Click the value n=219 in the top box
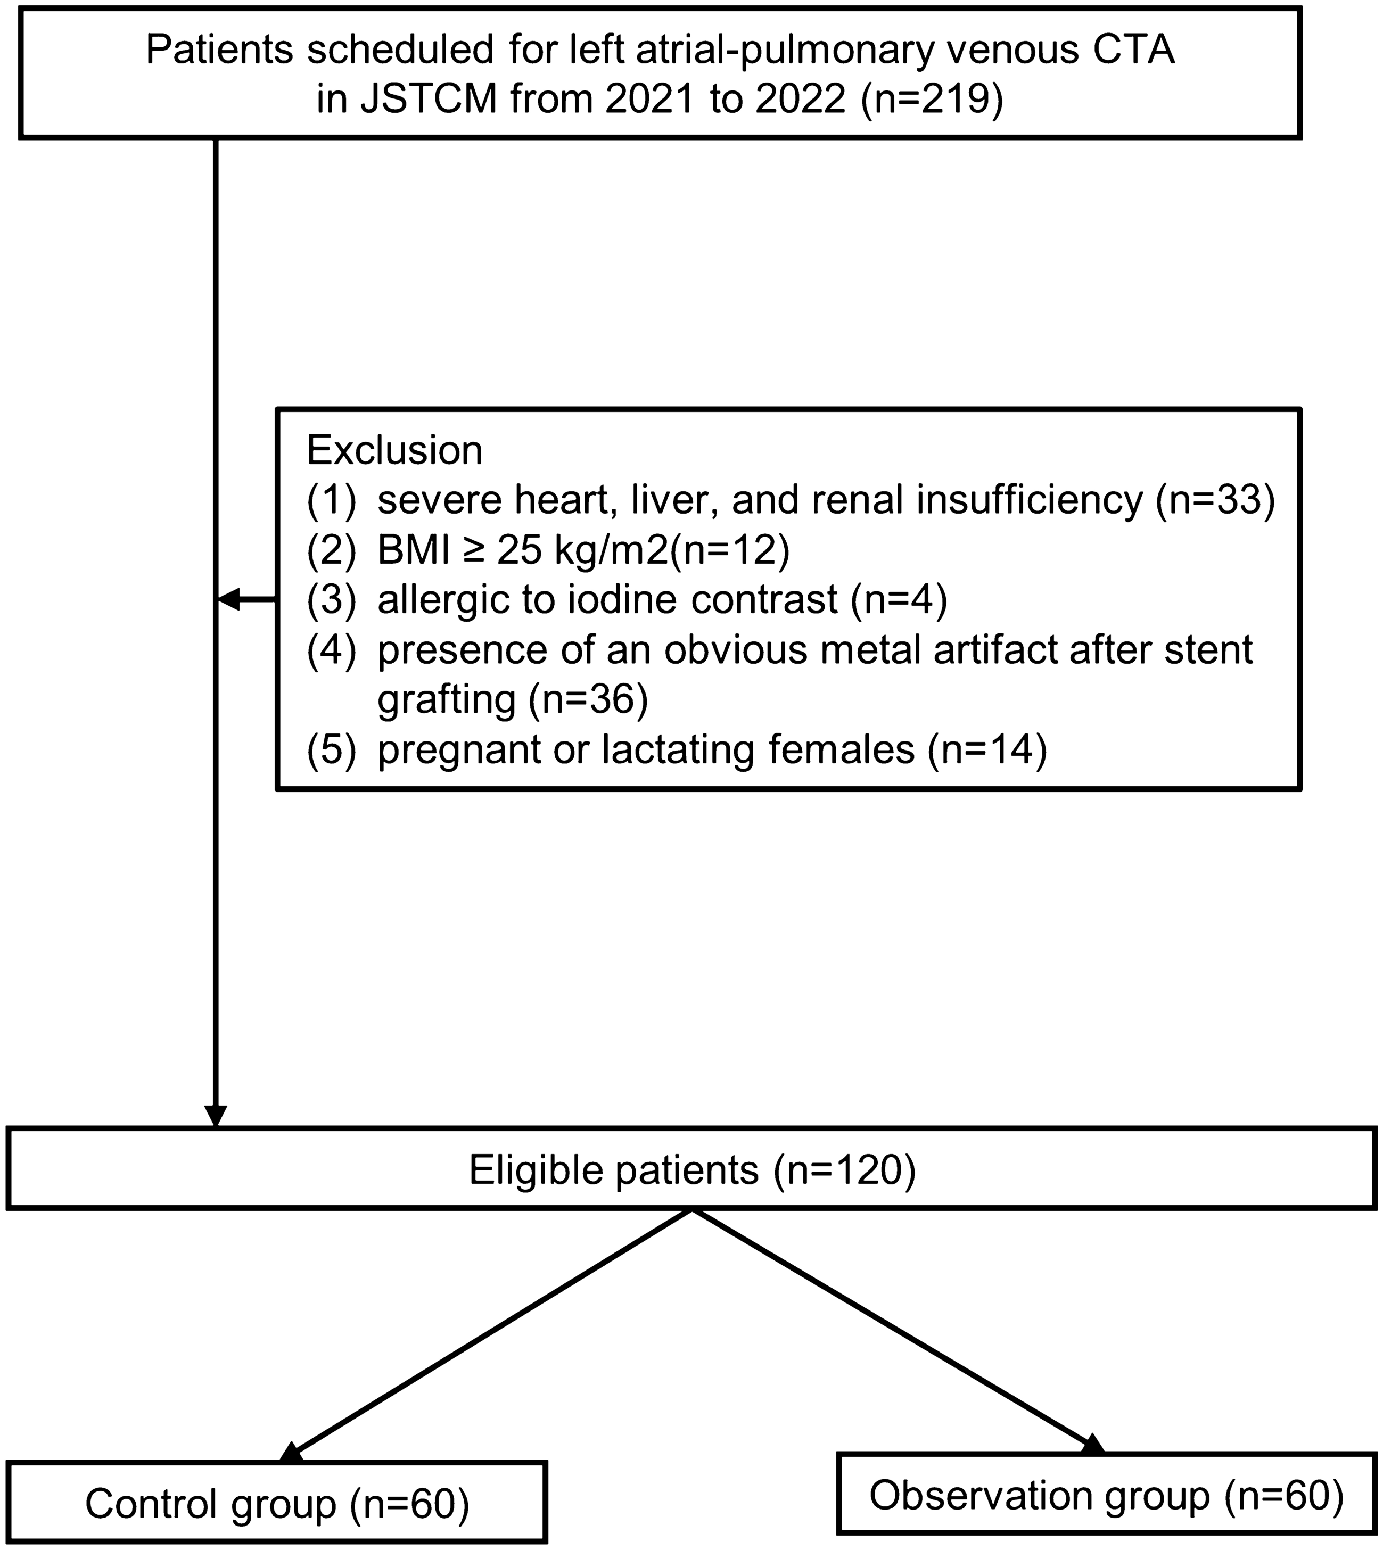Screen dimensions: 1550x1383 [932, 100]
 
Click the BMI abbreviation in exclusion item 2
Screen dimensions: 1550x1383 [414, 551]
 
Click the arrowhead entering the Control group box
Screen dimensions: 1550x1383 [292, 1453]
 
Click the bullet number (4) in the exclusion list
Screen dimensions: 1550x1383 [331, 651]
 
